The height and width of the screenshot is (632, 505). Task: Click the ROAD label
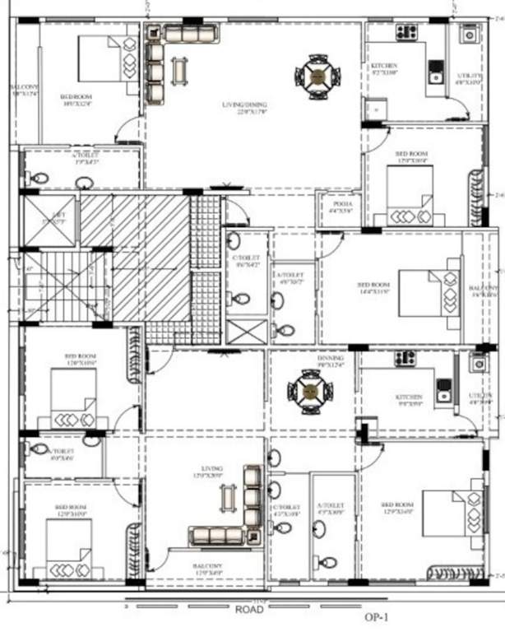248,611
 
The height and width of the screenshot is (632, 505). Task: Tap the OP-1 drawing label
376,616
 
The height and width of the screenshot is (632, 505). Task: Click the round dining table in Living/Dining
317,76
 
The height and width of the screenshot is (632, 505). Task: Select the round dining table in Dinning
310,390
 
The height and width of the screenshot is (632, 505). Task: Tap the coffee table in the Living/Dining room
179,71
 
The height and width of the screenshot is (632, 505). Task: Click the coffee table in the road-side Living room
228,498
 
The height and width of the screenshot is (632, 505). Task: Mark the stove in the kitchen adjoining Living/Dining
406,33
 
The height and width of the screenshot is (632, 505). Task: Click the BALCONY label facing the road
207,566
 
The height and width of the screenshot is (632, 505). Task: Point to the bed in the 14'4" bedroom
420,293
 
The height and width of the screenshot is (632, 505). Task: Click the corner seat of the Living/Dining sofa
154,35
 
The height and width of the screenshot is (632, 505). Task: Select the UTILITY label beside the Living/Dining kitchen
470,78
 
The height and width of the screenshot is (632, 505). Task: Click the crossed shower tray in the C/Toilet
244,331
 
